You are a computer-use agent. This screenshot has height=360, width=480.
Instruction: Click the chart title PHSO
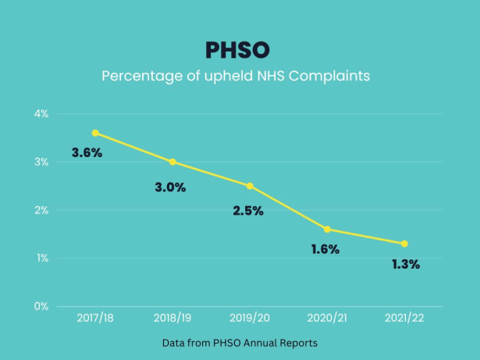[237, 50]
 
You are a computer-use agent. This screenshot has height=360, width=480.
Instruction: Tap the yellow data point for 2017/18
[95, 133]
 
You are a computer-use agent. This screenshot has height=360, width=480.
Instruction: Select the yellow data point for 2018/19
[172, 162]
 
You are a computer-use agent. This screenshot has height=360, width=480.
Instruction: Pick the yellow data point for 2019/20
[250, 186]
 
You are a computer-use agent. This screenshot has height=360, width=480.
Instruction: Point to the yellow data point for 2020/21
[327, 229]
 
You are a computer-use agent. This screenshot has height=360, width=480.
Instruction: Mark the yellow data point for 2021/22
[404, 244]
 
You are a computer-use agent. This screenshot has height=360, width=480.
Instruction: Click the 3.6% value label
[87, 153]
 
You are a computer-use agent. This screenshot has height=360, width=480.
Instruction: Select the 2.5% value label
[248, 211]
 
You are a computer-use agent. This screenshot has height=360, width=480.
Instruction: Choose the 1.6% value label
[325, 250]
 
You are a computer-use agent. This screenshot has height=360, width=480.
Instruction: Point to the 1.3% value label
[406, 265]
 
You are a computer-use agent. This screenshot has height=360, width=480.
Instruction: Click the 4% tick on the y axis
[41, 114]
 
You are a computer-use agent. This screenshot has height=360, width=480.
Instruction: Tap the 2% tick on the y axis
[41, 210]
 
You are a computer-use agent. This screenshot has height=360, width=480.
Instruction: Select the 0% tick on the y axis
[41, 306]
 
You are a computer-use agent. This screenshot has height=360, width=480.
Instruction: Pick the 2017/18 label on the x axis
[95, 319]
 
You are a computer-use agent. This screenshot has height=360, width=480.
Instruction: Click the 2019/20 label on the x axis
[250, 319]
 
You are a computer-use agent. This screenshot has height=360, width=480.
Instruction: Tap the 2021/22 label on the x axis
[404, 319]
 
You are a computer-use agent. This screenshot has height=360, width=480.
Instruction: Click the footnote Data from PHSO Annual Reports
[240, 343]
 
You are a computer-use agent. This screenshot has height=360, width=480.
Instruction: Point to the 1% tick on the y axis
[41, 258]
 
